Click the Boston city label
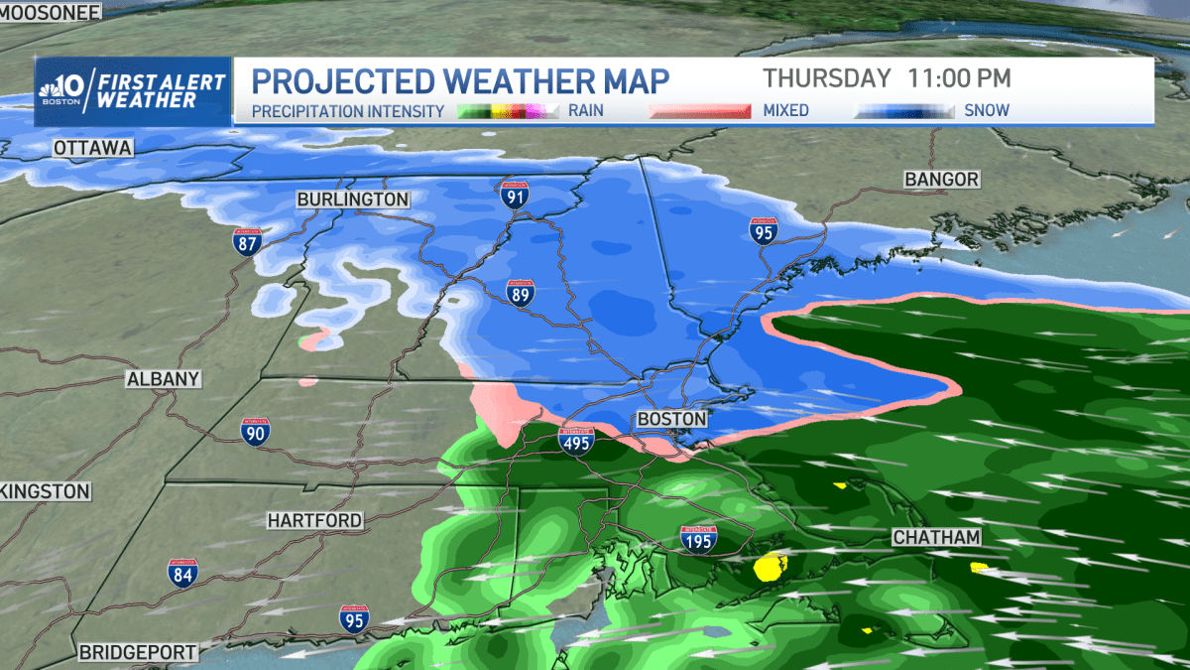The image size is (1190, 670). click(x=671, y=419)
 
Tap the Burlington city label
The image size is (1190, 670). click(x=352, y=200)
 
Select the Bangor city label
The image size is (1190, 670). click(x=941, y=180)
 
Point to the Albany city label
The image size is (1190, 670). click(x=164, y=379)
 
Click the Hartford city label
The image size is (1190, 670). click(x=314, y=520)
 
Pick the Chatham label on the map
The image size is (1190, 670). click(x=936, y=537)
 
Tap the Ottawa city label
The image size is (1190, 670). click(x=93, y=148)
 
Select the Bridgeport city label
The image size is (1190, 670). click(x=138, y=652)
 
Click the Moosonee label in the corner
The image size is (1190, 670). click(x=51, y=12)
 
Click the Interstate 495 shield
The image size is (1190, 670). click(x=576, y=442)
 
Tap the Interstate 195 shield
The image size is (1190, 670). click(x=699, y=539)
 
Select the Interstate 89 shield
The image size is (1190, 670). click(x=521, y=292)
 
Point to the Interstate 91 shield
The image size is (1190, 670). click(x=514, y=194)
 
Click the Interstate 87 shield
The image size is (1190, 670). click(x=248, y=241)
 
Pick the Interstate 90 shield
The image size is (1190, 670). click(x=256, y=431)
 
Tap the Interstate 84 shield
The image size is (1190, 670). click(x=182, y=571)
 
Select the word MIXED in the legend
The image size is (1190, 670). click(x=784, y=110)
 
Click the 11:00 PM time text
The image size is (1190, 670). click(x=958, y=77)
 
